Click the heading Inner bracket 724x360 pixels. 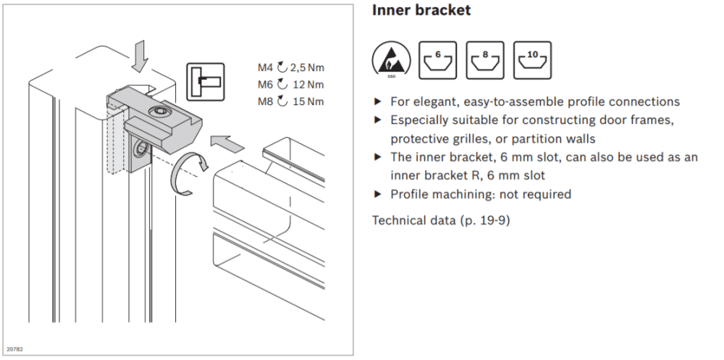(421, 11)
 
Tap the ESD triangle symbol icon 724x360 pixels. (391, 60)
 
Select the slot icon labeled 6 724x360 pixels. (438, 59)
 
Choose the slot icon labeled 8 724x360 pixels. (484, 59)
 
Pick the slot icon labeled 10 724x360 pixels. (532, 59)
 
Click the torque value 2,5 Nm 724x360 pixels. (307, 68)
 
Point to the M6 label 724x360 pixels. (266, 84)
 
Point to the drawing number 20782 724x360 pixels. (14, 349)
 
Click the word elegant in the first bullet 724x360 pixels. (432, 102)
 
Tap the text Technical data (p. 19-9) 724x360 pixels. (441, 219)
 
